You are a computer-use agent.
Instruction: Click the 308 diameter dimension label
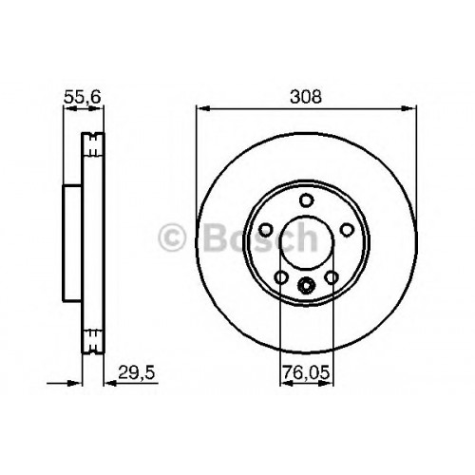pos(306,97)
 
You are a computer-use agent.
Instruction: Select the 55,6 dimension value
pos(83,97)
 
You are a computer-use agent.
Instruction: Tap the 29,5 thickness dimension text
pos(137,372)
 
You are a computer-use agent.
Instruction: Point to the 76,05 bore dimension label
pos(306,372)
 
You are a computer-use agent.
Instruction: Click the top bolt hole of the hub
pos(307,200)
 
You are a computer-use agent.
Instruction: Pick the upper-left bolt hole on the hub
pos(266,230)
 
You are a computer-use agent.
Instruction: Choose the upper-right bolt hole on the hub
pos(347,230)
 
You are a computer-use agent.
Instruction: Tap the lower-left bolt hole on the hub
pos(281,277)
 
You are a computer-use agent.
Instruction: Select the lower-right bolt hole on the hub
pos(332,277)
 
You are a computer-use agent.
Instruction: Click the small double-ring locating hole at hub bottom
pos(307,285)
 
